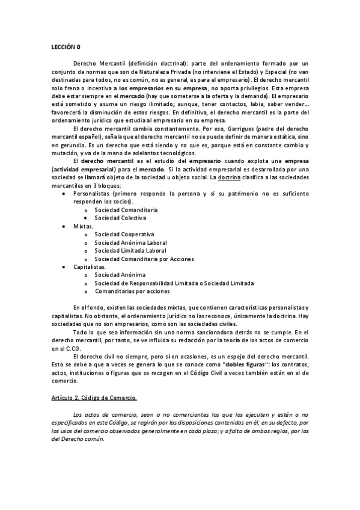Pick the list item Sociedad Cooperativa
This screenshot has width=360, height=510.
tap(124, 234)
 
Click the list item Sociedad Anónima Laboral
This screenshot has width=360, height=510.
tap(131, 242)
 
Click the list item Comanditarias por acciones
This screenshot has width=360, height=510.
tap(132, 290)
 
